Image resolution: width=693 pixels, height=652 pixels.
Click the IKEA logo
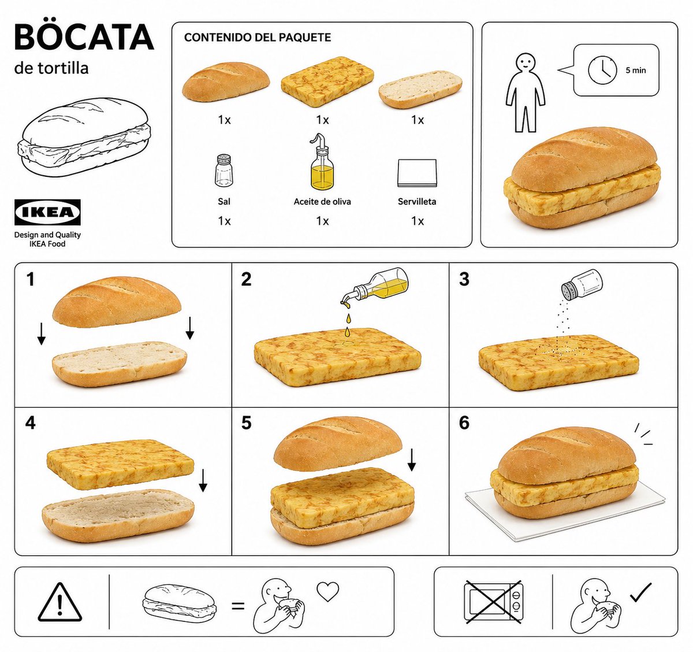[47, 212]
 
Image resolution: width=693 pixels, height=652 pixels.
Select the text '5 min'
[635, 71]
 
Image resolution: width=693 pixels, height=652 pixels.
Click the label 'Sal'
[224, 202]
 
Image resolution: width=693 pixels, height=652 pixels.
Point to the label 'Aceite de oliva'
[322, 202]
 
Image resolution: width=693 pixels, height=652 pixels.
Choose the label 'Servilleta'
[417, 202]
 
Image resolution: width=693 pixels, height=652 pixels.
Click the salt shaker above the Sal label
[224, 171]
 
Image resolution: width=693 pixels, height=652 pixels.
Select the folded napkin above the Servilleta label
[417, 173]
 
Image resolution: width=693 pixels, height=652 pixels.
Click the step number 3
[464, 280]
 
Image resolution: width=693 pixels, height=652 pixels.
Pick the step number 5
[247, 423]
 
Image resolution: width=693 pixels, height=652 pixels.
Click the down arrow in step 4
[203, 481]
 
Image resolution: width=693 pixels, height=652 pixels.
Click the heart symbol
[327, 591]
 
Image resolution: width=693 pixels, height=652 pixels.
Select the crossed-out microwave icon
[493, 602]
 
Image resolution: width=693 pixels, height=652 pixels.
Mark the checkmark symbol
[641, 592]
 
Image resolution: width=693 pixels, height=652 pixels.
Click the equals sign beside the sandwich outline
[238, 606]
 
